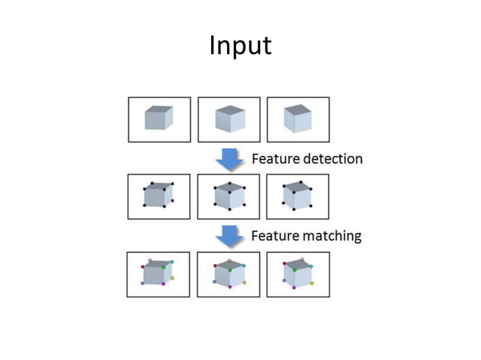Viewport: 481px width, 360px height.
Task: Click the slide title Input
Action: pyautogui.click(x=240, y=47)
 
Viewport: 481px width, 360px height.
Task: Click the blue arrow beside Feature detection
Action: pyautogui.click(x=229, y=159)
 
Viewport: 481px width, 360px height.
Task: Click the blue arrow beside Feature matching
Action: pyautogui.click(x=229, y=236)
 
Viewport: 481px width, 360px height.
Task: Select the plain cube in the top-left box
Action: pyautogui.click(x=158, y=118)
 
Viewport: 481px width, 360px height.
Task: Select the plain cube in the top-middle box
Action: pyautogui.click(x=230, y=119)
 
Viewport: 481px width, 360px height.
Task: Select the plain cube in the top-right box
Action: pyautogui.click(x=298, y=118)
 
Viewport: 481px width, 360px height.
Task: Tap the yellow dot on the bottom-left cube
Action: pyautogui.click(x=172, y=278)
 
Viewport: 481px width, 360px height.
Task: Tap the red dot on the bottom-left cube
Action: pyautogui.click(x=142, y=267)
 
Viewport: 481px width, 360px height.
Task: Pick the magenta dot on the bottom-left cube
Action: pyautogui.click(x=163, y=283)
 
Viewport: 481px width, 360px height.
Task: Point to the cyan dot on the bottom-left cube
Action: pyautogui.click(x=172, y=262)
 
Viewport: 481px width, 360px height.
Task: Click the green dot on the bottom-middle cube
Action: pyautogui.click(x=230, y=270)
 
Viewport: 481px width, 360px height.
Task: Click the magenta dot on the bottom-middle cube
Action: pyautogui.click(x=230, y=287)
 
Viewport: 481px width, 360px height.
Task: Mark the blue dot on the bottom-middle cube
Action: pyautogui.click(x=214, y=282)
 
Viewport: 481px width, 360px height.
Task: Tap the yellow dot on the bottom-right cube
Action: pyautogui.click(x=311, y=283)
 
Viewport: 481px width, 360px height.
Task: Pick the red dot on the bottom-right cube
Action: pyautogui.click(x=284, y=264)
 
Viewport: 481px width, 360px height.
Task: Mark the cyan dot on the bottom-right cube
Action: pyautogui.click(x=311, y=266)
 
